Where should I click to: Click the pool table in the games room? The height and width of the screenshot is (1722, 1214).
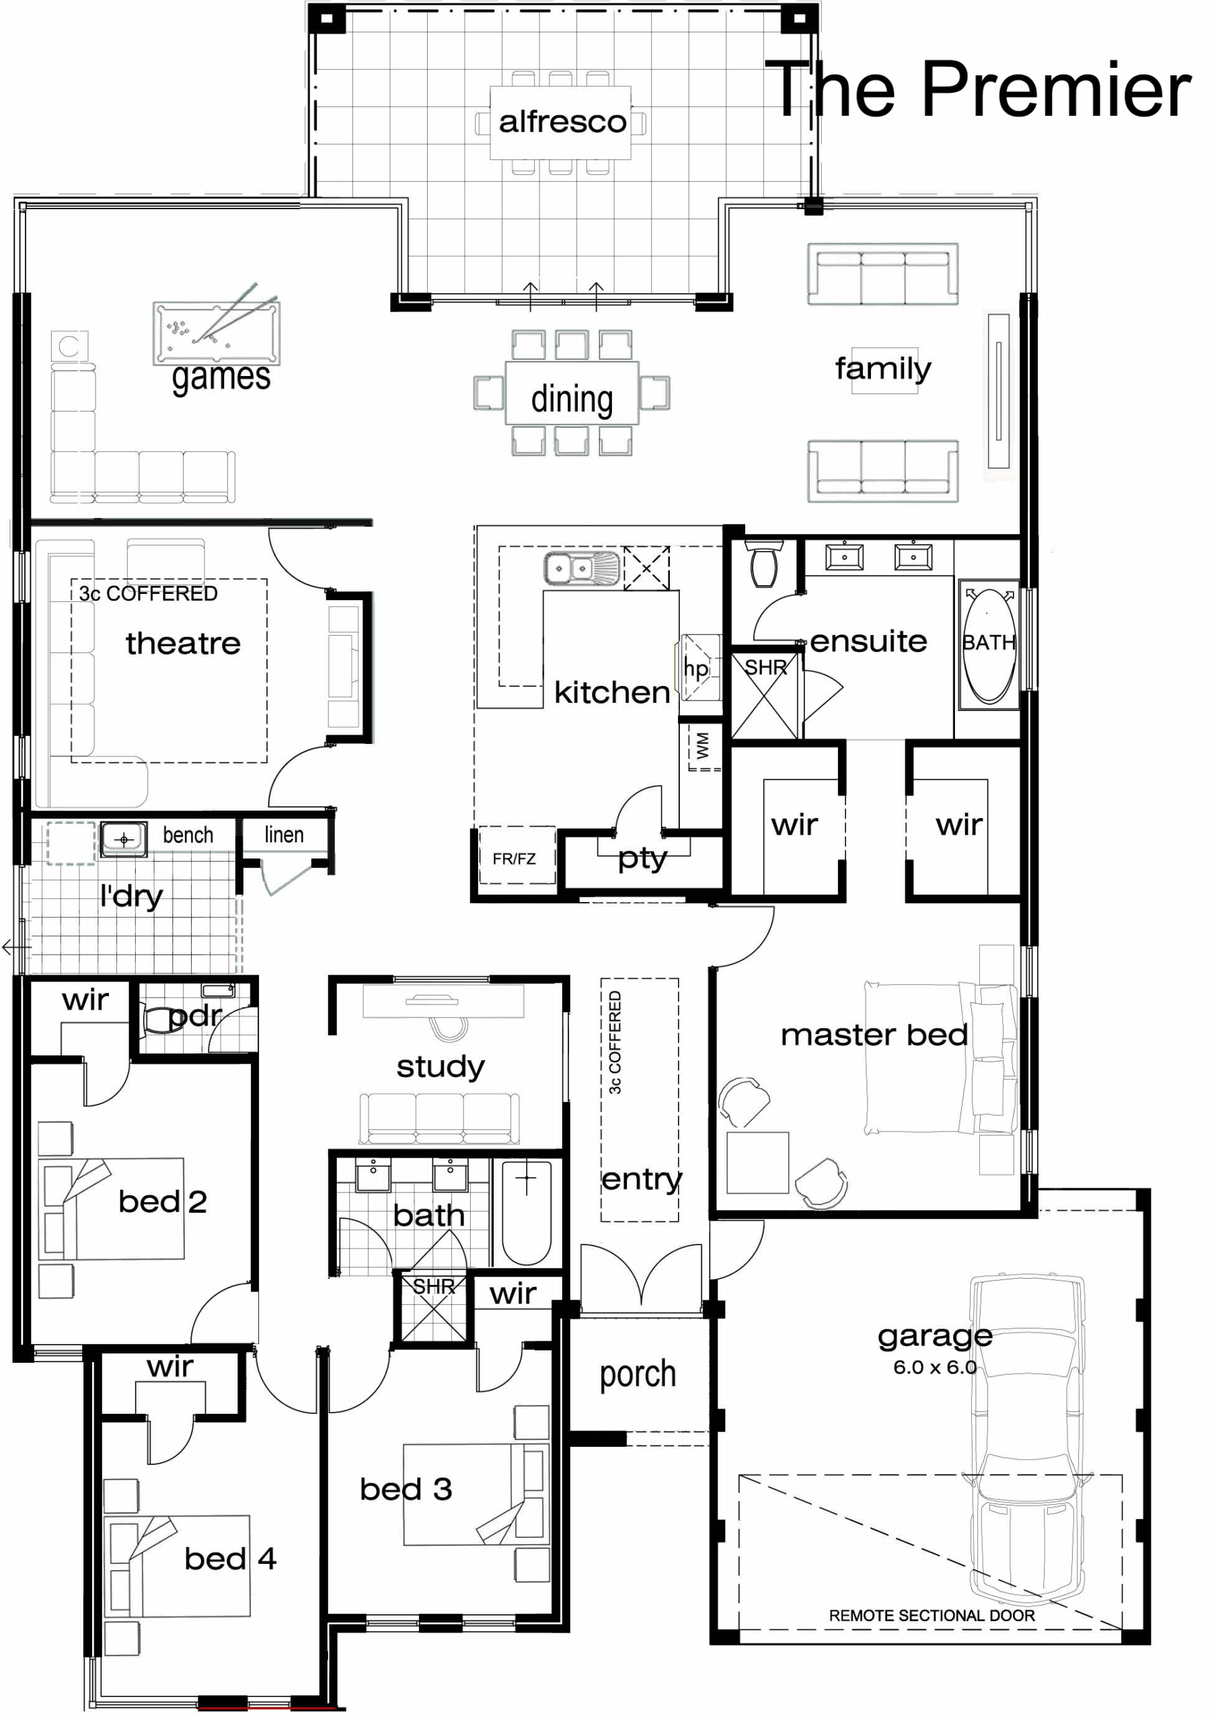tap(216, 332)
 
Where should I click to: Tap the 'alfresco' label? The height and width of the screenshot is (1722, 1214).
tap(562, 122)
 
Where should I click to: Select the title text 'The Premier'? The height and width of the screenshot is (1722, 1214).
tap(978, 90)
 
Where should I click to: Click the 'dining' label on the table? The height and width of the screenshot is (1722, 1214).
tap(572, 399)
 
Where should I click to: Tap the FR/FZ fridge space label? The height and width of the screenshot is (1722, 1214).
tap(515, 859)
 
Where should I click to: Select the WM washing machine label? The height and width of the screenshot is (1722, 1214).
tap(703, 746)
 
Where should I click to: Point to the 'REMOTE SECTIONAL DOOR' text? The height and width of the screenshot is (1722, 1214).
tap(932, 1616)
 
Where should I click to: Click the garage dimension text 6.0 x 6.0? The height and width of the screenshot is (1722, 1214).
tap(934, 1368)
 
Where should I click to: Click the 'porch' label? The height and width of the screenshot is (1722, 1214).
tap(638, 1374)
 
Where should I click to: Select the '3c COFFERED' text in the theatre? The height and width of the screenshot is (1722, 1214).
tap(149, 594)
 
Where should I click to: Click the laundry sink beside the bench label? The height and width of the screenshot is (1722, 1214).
tap(124, 839)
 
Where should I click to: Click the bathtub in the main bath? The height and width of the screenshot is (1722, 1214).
tap(527, 1213)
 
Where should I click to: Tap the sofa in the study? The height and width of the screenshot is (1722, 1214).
tap(439, 1118)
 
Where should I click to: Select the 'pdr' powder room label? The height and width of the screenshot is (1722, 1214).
tap(195, 1016)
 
